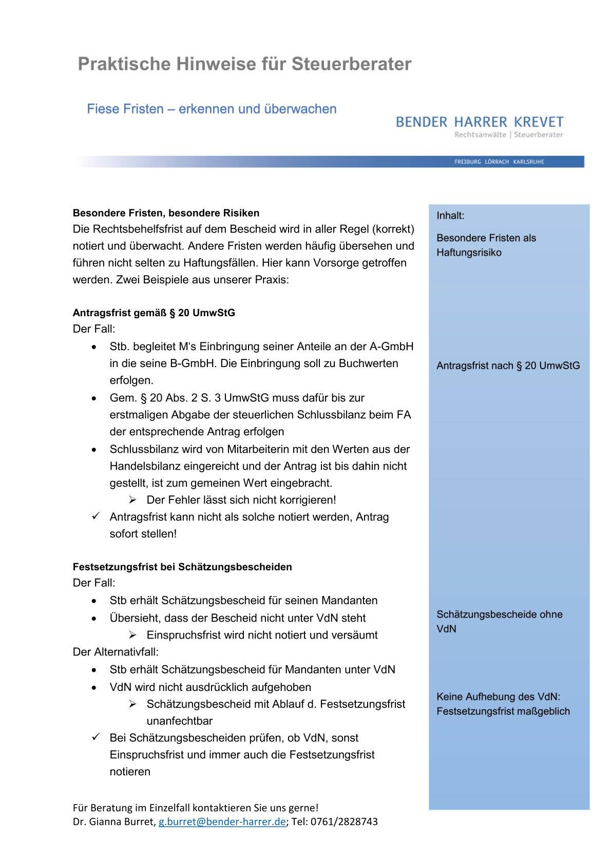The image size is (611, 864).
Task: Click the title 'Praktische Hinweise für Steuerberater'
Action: pyautogui.click(x=244, y=64)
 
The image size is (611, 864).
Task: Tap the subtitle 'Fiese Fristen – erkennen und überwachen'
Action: pyautogui.click(x=212, y=109)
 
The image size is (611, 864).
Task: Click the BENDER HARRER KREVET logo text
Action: pyautogui.click(x=480, y=122)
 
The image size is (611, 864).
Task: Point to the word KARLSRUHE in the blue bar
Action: pyautogui.click(x=528, y=162)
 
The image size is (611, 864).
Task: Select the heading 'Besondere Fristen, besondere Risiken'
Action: pyautogui.click(x=166, y=213)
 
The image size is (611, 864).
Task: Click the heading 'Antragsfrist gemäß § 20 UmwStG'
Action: pyautogui.click(x=154, y=313)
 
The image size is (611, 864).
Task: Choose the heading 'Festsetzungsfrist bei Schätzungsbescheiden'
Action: pyautogui.click(x=182, y=567)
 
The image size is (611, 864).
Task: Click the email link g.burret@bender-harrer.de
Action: pyautogui.click(x=222, y=821)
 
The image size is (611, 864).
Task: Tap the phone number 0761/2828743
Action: pyautogui.click(x=344, y=821)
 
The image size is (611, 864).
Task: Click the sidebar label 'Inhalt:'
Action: pyautogui.click(x=450, y=216)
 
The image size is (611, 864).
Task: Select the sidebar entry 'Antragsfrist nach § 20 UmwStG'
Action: pyautogui.click(x=508, y=366)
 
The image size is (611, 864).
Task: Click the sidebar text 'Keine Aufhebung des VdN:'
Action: pyautogui.click(x=498, y=697)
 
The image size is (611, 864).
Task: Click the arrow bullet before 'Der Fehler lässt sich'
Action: pyautogui.click(x=132, y=500)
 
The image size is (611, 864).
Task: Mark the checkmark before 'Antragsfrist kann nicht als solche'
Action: pyautogui.click(x=95, y=516)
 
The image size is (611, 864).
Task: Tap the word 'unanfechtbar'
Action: pyautogui.click(x=179, y=721)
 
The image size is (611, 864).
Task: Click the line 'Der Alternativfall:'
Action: pyautogui.click(x=116, y=652)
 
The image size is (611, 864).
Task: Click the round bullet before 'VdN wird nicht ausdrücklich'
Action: pyautogui.click(x=94, y=687)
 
